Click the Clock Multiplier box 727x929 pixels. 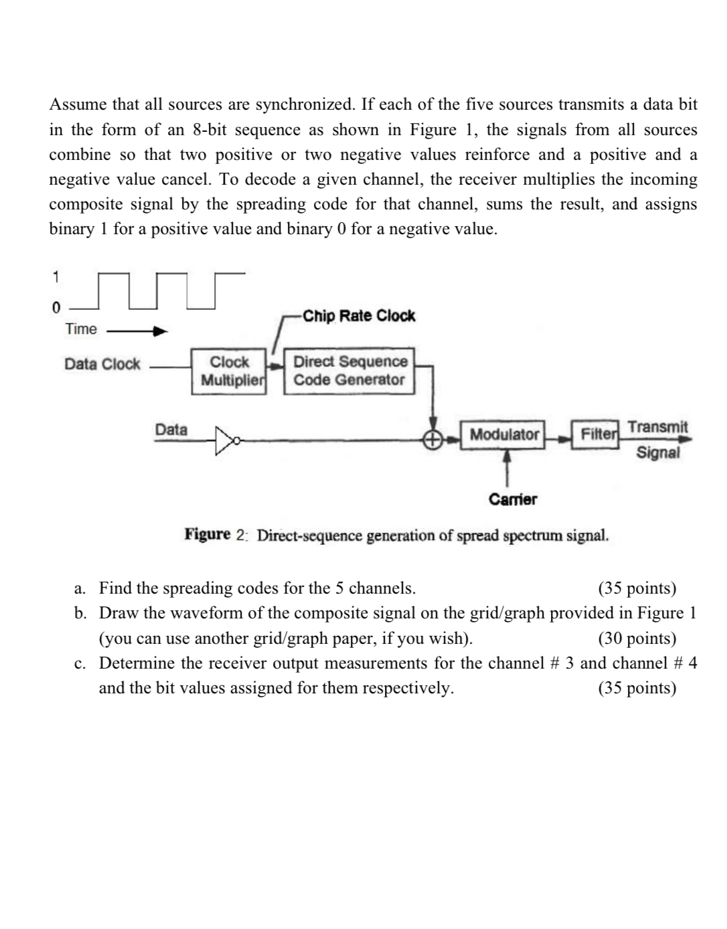(229, 371)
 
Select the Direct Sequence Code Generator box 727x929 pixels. (349, 371)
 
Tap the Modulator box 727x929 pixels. (504, 434)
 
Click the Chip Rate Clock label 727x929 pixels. (359, 316)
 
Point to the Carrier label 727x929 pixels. (513, 499)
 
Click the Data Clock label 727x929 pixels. (102, 364)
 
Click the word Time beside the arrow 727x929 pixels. (81, 329)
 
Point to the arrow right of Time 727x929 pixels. (137, 331)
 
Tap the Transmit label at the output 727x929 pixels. (657, 427)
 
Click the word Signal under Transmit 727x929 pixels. (658, 452)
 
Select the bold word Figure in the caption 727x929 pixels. (208, 535)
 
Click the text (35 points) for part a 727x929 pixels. (637, 588)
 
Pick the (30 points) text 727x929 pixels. (637, 639)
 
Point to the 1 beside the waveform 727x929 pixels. (56, 276)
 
